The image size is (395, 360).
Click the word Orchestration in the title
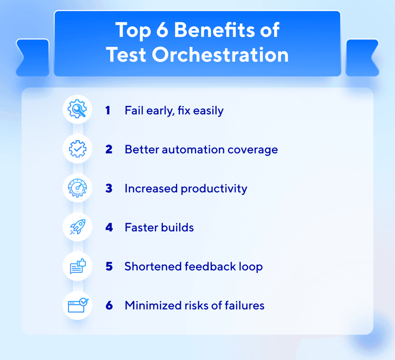tap(220, 54)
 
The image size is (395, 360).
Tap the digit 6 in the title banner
tap(162, 30)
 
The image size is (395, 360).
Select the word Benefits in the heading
tap(215, 30)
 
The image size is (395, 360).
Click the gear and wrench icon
tap(77, 109)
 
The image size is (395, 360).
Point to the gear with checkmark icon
tap(77, 149)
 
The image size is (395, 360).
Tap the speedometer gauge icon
tap(77, 188)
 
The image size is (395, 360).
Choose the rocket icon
tap(78, 227)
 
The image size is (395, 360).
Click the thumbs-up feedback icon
tap(78, 266)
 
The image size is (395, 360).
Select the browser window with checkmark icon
tap(78, 305)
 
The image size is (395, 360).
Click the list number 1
tap(107, 110)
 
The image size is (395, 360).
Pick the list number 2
tap(109, 149)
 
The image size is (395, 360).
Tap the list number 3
tap(109, 188)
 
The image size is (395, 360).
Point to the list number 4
tap(109, 227)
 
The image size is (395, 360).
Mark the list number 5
tap(109, 266)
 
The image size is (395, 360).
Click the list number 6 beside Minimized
tap(109, 306)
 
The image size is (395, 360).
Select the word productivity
tap(214, 189)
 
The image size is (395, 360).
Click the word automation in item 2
tap(193, 150)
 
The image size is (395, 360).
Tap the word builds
tap(177, 227)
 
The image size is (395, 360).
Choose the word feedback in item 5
tap(210, 266)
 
